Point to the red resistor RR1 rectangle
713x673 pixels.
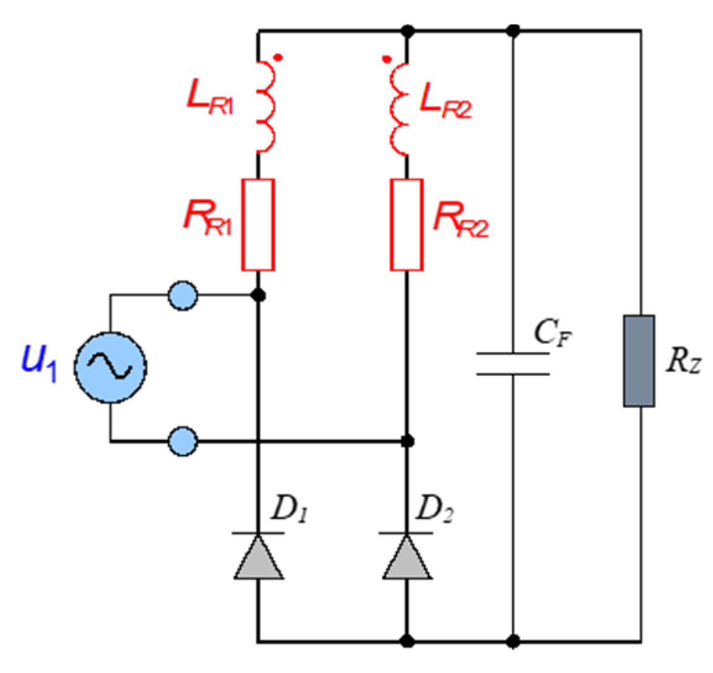pyautogui.click(x=258, y=225)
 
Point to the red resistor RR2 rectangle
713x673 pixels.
pyautogui.click(x=406, y=225)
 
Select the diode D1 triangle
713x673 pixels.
pyautogui.click(x=258, y=557)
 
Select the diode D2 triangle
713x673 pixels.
pyautogui.click(x=407, y=557)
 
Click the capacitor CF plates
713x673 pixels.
pyautogui.click(x=513, y=364)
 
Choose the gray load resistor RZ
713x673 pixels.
pyautogui.click(x=639, y=361)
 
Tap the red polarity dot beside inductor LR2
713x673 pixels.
pyautogui.click(x=386, y=60)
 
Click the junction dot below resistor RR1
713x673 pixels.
pyautogui.click(x=259, y=296)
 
